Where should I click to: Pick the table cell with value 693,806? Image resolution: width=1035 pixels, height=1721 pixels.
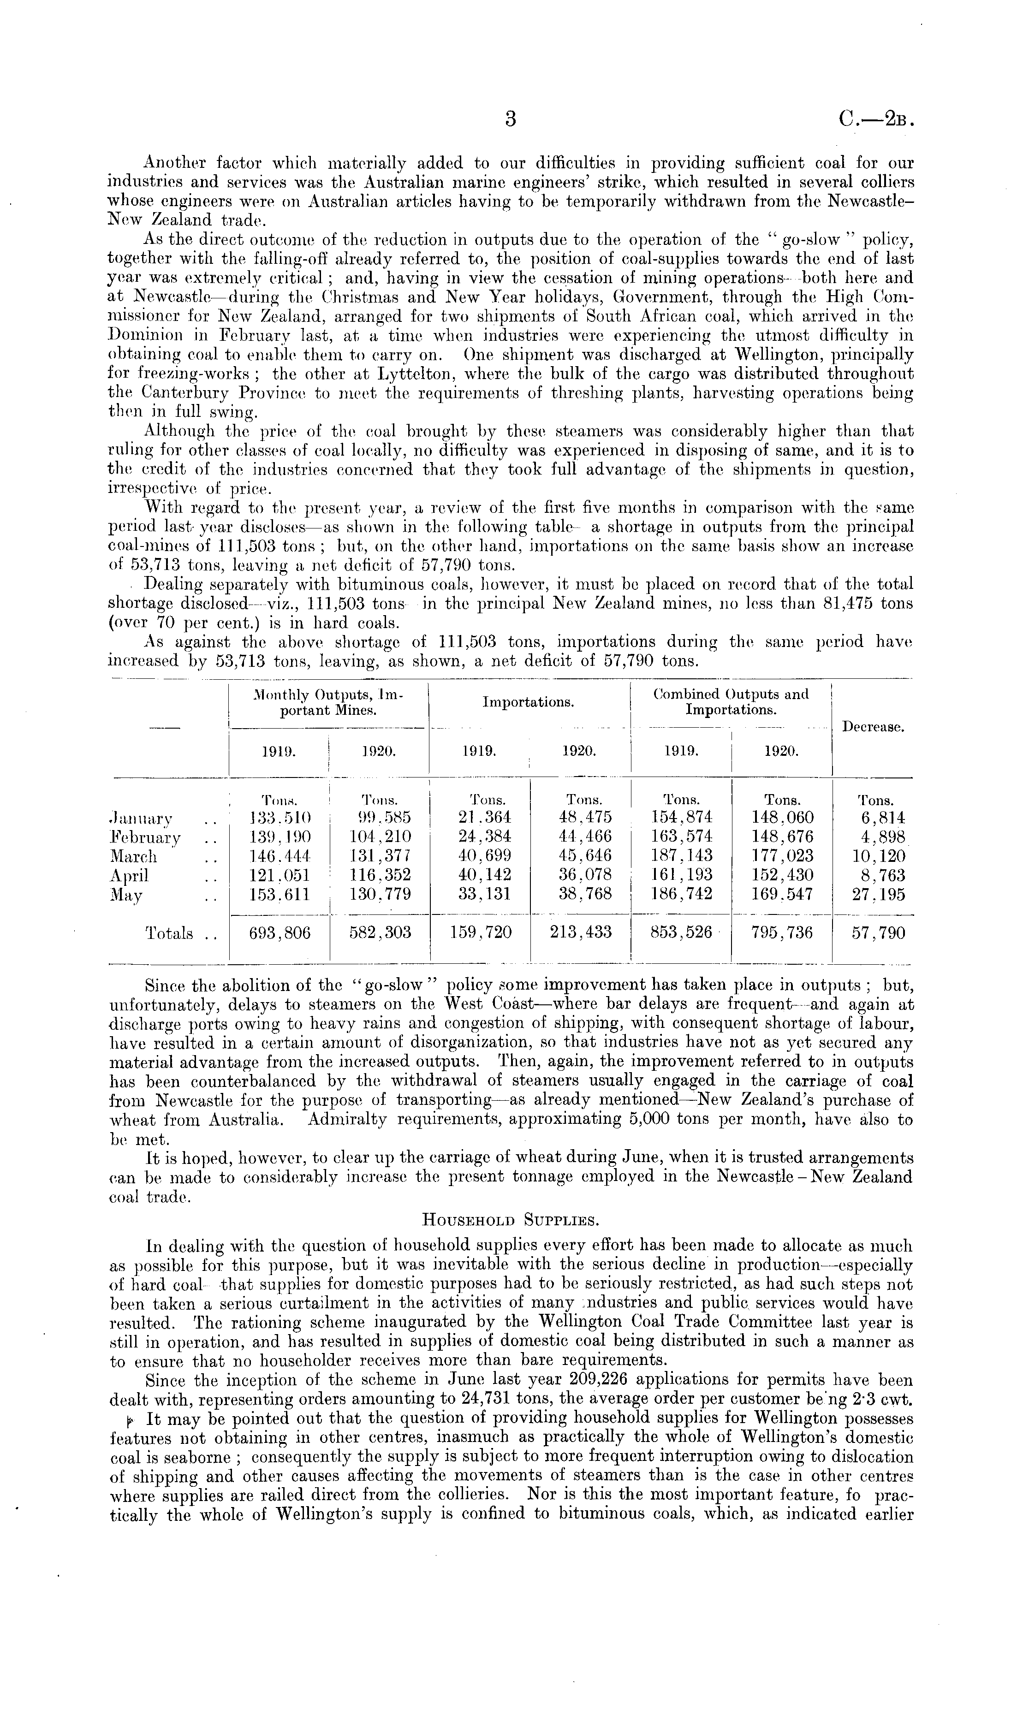pyautogui.click(x=280, y=933)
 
